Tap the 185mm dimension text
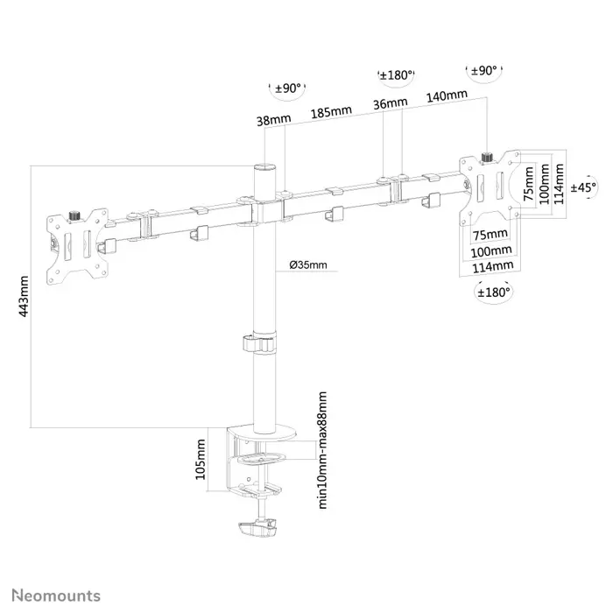click(330, 112)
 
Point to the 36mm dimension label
click(390, 103)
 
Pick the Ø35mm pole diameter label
click(307, 265)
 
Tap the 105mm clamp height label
click(201, 461)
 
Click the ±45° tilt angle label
click(583, 187)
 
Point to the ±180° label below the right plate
click(493, 291)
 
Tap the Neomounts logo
click(55, 595)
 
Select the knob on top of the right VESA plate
click(489, 158)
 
